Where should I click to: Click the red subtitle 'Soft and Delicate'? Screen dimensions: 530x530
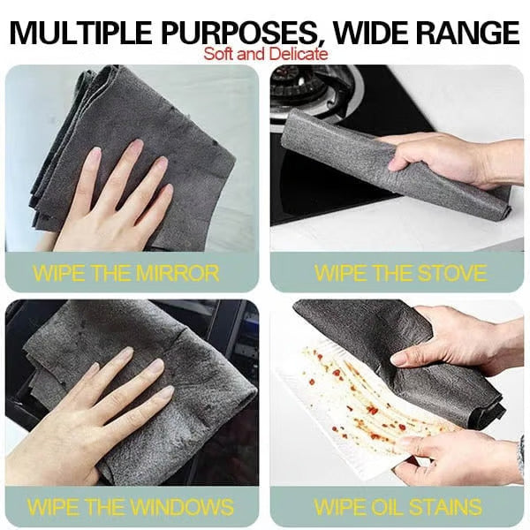coord(266,54)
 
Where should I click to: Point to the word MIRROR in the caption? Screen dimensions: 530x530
coord(178,272)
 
